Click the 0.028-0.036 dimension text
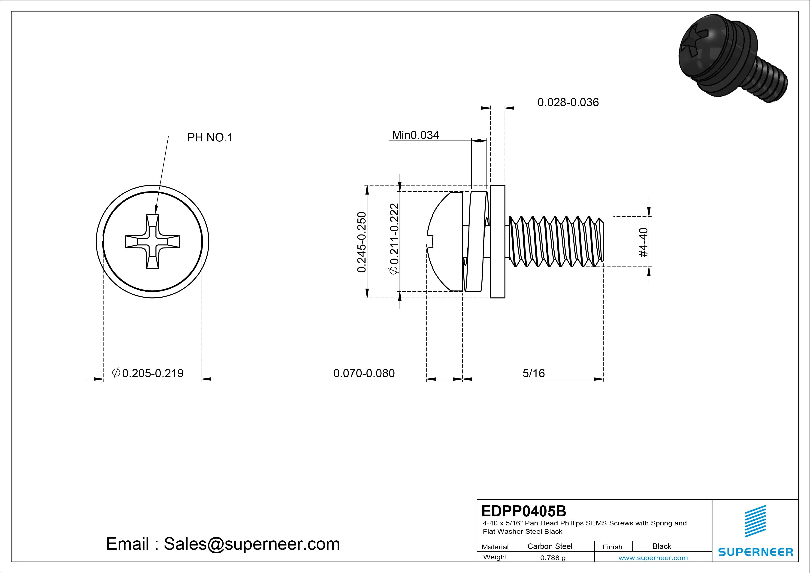point(568,102)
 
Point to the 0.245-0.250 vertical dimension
point(362,242)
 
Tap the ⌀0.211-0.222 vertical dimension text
point(394,239)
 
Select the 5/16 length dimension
point(533,373)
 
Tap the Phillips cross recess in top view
point(152,242)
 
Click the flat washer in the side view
point(497,241)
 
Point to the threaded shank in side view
point(556,241)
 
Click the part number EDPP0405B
point(523,511)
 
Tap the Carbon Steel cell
point(549,546)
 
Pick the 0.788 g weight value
point(553,558)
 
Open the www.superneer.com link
point(653,558)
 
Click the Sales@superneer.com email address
point(251,544)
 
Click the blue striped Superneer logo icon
point(755,521)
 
